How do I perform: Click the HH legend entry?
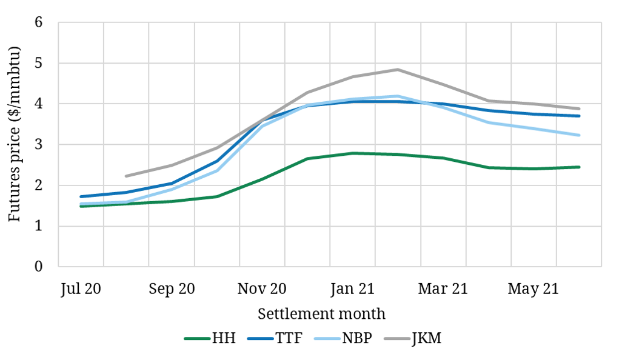pos(210,338)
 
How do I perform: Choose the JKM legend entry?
pos(413,338)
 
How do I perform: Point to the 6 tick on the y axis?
pos(40,22)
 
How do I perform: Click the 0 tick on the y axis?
pos(40,267)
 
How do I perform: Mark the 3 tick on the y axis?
pos(40,145)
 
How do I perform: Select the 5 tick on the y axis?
pos(40,63)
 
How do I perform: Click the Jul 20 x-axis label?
pos(81,289)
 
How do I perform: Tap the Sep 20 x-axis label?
pos(171,289)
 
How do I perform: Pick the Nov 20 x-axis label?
pos(262,289)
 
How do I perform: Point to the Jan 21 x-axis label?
pos(352,289)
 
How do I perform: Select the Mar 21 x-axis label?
pos(443,289)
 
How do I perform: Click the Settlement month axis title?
pos(321,314)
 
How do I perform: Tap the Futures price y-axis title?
pos(15,144)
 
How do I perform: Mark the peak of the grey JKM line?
pos(398,69)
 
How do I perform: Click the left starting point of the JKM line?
pos(126,176)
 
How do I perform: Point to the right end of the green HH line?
pos(579,167)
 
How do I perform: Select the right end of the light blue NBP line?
pos(579,135)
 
